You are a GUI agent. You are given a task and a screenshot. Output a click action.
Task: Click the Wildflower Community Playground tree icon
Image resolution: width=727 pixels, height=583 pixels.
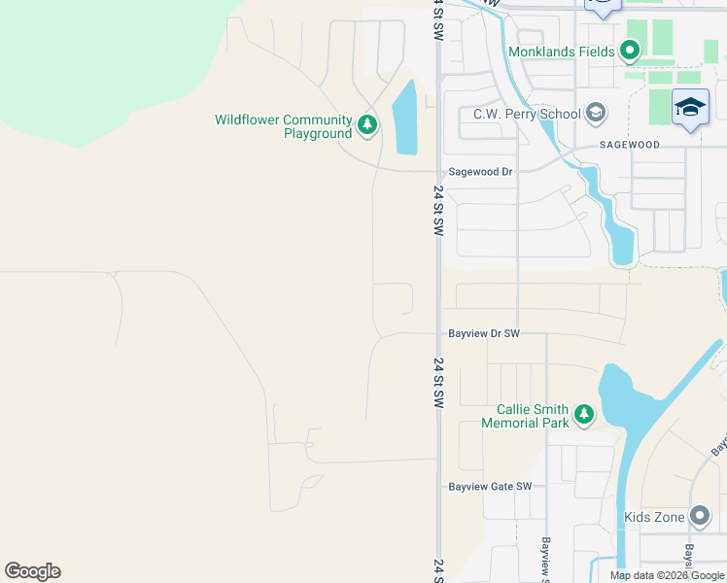(x=366, y=123)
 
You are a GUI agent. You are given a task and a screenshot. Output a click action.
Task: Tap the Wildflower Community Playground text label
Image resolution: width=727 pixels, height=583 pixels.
(x=283, y=126)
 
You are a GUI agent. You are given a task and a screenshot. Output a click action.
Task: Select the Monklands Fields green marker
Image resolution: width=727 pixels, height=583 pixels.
(x=629, y=51)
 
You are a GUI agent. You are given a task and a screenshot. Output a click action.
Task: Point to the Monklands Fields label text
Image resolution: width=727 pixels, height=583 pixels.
(x=561, y=51)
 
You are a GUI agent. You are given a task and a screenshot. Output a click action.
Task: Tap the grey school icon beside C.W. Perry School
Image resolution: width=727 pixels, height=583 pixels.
(x=596, y=114)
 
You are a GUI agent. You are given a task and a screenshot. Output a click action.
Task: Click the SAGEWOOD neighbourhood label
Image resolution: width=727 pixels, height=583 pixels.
(x=629, y=145)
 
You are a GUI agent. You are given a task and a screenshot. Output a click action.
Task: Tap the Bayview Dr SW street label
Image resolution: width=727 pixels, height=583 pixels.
(x=484, y=333)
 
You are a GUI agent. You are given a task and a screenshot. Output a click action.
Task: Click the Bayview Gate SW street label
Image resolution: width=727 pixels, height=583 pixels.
(x=490, y=487)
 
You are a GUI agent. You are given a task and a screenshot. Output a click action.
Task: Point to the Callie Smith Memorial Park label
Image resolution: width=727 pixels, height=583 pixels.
(x=526, y=416)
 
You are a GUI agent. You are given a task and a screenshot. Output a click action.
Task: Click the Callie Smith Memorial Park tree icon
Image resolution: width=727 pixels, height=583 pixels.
(x=583, y=415)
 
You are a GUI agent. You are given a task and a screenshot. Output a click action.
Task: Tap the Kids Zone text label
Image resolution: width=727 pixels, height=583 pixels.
(x=654, y=517)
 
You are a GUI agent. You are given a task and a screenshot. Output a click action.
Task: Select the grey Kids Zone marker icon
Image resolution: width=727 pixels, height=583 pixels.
(x=699, y=516)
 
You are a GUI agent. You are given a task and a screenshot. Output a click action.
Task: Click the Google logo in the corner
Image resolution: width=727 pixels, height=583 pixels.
(x=32, y=571)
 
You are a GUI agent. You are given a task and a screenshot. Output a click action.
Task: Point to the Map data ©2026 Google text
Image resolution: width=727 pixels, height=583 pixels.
(x=667, y=575)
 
